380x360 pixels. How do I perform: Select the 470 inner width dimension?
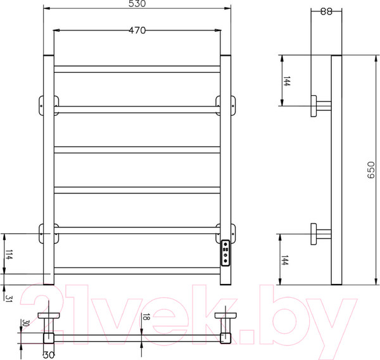137,30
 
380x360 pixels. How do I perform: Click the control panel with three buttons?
225,254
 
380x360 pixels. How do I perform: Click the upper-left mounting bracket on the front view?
44,105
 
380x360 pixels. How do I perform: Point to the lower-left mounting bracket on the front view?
44,232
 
